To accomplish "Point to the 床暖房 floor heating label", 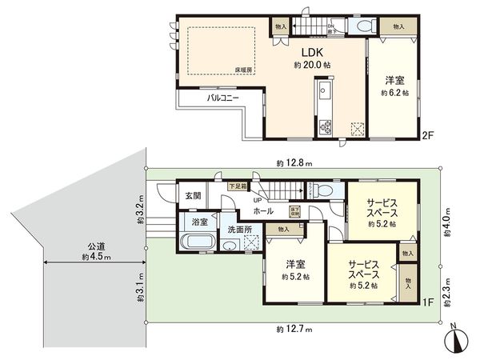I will point(243,70).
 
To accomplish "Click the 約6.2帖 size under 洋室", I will point(394,93).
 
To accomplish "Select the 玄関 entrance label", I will point(193,195).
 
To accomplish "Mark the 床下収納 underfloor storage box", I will point(295,211).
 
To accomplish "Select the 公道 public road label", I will point(95,246).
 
